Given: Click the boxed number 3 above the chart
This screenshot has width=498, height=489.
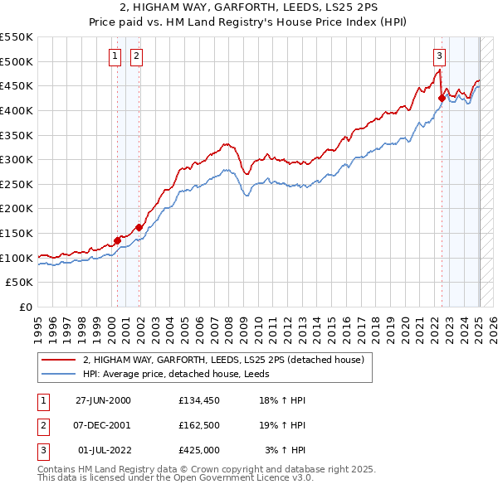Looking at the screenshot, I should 439,56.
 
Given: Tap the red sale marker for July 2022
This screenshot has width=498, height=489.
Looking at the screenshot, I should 442,97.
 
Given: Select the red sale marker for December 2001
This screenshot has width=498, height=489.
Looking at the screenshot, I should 139,226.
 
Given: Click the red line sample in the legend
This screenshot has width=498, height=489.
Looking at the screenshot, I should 58,361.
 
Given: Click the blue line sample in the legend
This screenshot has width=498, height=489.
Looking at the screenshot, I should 58,374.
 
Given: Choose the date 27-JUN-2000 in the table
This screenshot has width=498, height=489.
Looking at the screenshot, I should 103,400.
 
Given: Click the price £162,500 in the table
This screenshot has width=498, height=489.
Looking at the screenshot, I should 199,425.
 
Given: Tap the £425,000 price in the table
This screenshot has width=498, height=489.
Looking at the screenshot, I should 199,450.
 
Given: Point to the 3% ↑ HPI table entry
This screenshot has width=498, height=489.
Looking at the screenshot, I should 286,450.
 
